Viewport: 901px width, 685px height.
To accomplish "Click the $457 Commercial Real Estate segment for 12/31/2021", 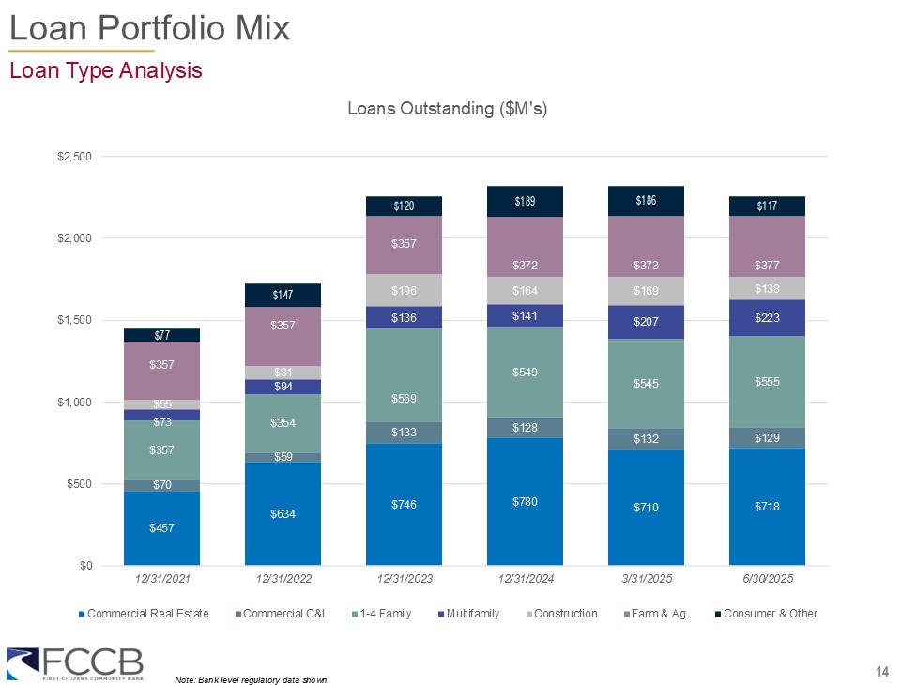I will (161, 528).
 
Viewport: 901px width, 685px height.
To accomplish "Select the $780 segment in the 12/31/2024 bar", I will (525, 502).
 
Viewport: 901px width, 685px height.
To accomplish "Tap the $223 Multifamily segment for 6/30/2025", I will (767, 318).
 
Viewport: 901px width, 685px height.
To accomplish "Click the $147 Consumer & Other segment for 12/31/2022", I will (283, 296).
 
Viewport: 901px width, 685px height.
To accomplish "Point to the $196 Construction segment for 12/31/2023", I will (404, 290).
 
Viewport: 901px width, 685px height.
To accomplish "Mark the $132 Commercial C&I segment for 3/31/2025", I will (646, 439).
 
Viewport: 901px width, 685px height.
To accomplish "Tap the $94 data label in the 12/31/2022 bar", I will (283, 387).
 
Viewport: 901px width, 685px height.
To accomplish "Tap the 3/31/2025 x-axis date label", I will (646, 579).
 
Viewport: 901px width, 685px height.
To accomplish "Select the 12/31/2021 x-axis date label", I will (161, 579).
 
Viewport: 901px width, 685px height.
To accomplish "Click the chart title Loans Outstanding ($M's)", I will (447, 109).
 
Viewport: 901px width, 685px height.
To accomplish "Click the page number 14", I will (881, 670).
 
